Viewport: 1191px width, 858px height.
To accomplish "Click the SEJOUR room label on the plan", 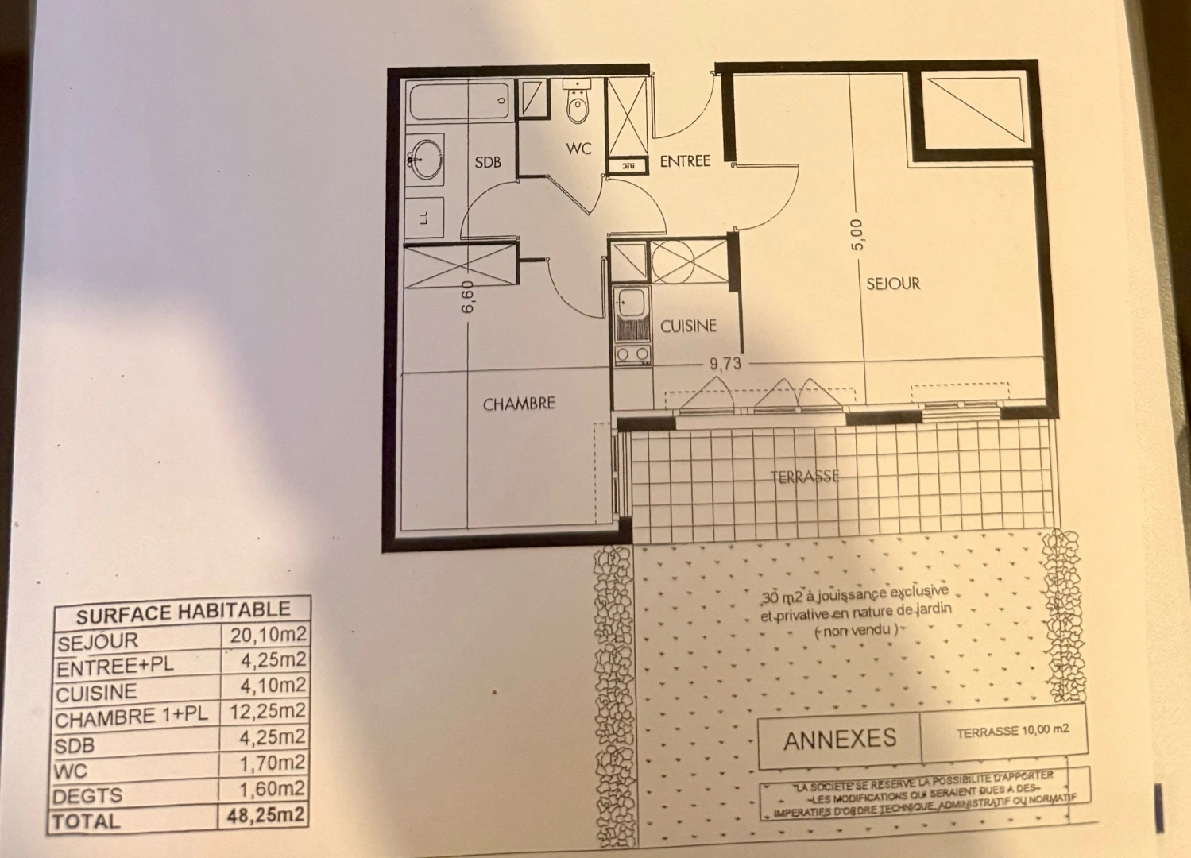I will (x=892, y=284).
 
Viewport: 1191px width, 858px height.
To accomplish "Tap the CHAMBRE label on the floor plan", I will (x=519, y=404).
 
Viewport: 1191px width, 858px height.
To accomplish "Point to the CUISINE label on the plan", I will (x=688, y=326).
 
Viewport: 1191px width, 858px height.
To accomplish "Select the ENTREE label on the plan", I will (x=685, y=161).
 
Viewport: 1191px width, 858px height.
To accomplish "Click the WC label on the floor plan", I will (x=578, y=149).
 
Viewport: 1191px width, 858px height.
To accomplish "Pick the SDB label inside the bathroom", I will (x=488, y=162).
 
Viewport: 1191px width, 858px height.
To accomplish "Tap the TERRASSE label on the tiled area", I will (x=805, y=477).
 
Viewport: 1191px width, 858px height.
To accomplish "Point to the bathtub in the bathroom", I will (x=460, y=102).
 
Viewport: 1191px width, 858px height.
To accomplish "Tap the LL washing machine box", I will (x=423, y=216).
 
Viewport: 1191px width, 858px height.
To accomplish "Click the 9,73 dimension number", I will (x=725, y=364).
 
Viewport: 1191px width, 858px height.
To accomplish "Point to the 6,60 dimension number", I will (x=467, y=296).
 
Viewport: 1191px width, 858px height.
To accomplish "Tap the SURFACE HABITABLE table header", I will (x=183, y=612).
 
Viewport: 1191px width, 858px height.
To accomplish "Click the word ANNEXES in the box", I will (x=839, y=740).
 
